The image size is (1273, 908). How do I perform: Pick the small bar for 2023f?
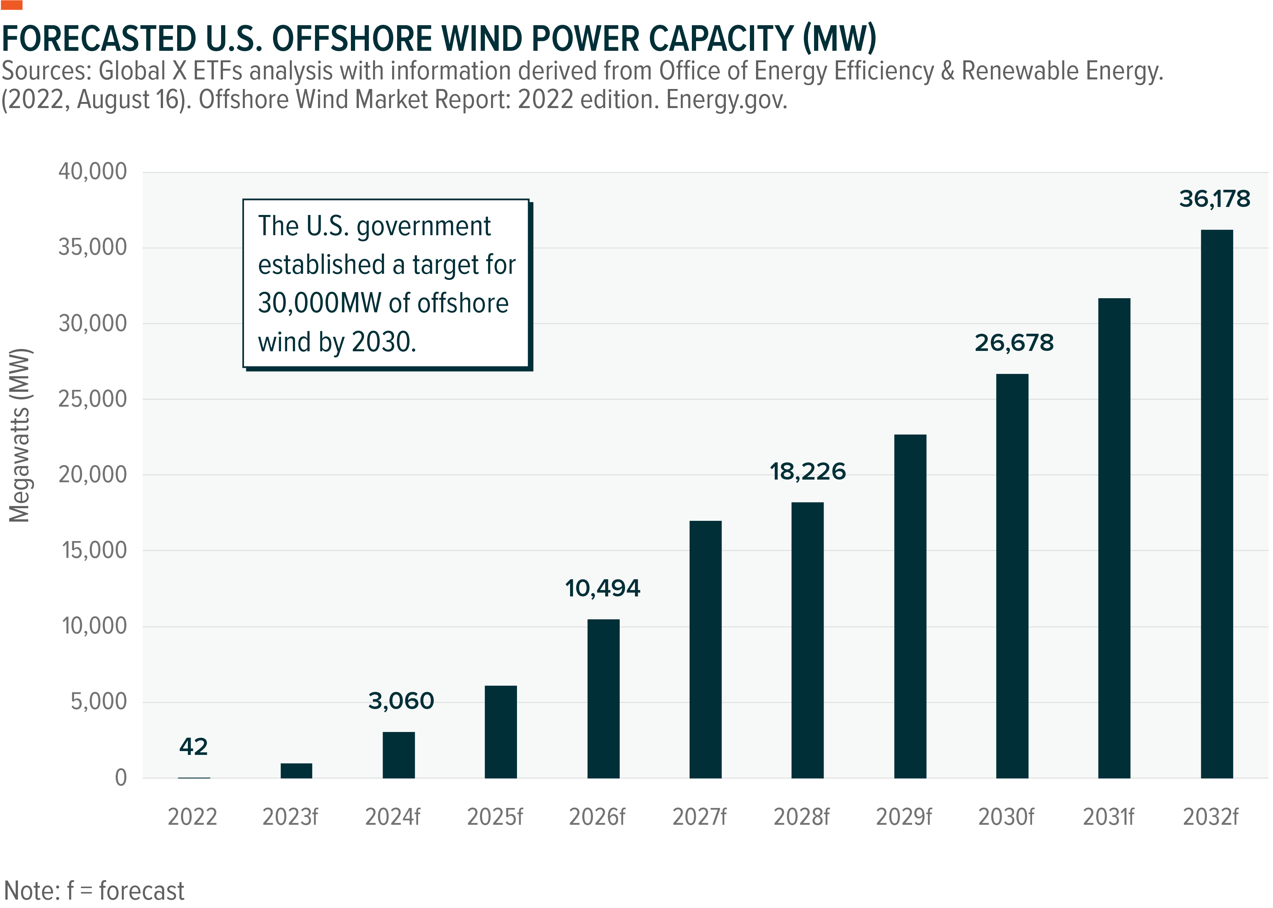(296, 771)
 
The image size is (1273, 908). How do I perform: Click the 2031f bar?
(1114, 538)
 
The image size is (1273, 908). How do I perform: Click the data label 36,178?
(1214, 199)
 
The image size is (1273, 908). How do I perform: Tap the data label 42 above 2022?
(194, 747)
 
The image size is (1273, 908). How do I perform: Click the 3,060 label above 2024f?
(401, 701)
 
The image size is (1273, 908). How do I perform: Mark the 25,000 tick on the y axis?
(93, 399)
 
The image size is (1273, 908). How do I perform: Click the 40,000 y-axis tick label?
(93, 172)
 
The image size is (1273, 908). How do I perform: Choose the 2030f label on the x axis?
(1006, 818)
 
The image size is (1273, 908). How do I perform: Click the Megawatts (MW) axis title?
(20, 435)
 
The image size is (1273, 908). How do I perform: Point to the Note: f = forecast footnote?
(94, 891)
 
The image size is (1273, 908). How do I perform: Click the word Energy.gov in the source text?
(726, 100)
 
